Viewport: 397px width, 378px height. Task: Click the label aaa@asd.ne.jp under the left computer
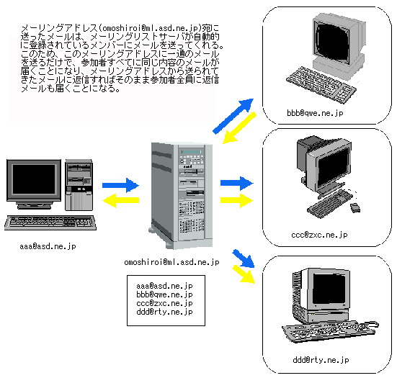(x=48, y=246)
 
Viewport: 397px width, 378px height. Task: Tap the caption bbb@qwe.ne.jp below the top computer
(x=315, y=113)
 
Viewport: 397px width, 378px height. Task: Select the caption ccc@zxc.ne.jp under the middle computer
(x=319, y=235)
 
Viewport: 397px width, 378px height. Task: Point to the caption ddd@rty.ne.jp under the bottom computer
(x=321, y=360)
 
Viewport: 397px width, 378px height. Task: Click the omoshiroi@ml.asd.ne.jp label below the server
(x=171, y=262)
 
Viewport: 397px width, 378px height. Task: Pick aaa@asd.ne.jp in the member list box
(x=164, y=286)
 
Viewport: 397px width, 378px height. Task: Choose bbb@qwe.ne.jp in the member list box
(x=164, y=294)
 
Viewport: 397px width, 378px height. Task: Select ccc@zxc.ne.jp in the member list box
(x=164, y=303)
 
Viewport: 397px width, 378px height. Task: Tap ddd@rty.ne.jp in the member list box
(x=164, y=312)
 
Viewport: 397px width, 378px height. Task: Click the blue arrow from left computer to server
(x=120, y=185)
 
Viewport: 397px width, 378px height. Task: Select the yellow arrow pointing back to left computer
(x=120, y=200)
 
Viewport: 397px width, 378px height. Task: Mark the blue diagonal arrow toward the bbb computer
(x=233, y=116)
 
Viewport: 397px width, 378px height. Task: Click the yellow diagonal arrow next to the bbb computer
(x=239, y=128)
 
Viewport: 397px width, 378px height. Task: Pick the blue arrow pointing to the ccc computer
(x=237, y=183)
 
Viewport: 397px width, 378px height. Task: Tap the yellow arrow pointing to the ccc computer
(x=237, y=200)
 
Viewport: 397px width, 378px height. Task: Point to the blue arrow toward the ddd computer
(x=244, y=258)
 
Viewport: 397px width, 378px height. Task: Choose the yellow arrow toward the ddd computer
(x=244, y=274)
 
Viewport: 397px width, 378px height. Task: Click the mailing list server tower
(x=181, y=195)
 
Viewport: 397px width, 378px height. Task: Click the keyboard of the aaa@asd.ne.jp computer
(x=50, y=222)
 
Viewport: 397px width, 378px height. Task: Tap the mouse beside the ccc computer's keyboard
(x=355, y=208)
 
